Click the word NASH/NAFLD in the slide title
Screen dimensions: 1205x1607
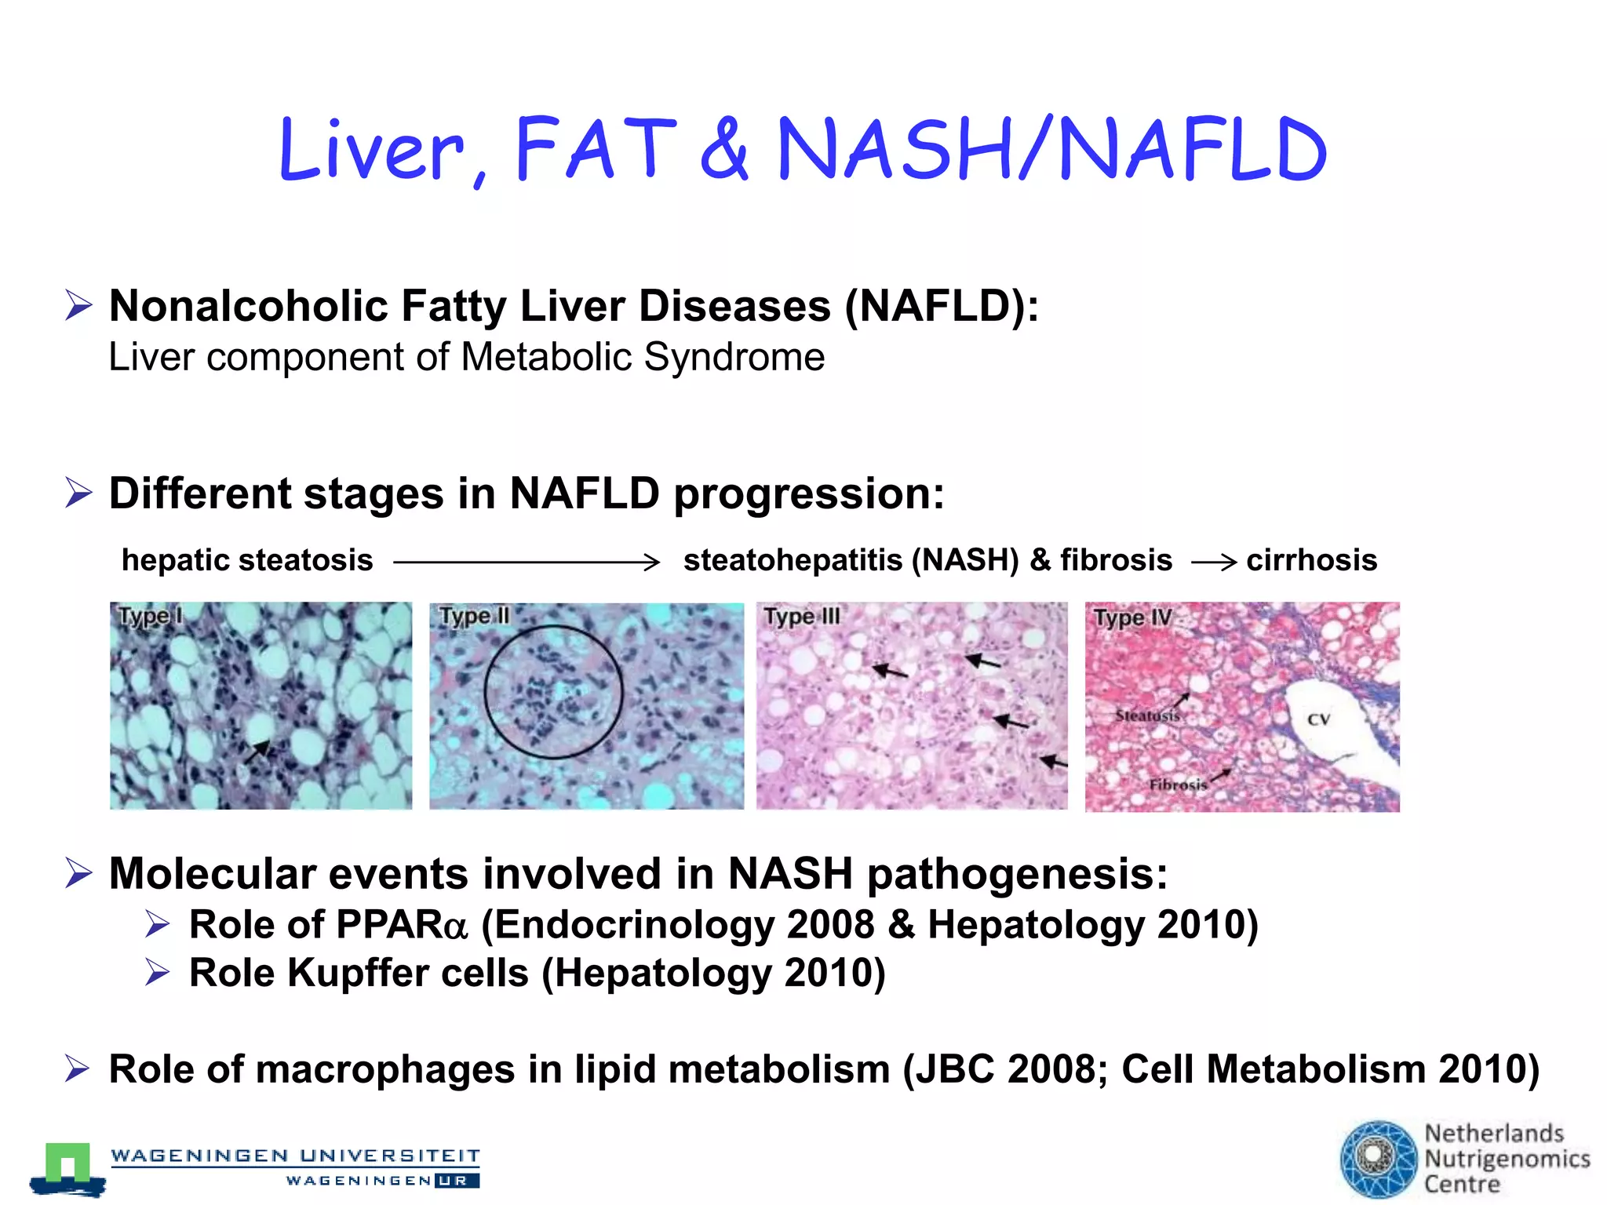(1051, 149)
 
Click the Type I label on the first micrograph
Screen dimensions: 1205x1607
(149, 617)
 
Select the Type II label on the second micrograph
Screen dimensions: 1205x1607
(474, 617)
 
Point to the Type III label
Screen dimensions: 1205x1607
(801, 617)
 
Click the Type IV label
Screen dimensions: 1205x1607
(1132, 618)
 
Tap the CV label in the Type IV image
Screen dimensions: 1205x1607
(1318, 719)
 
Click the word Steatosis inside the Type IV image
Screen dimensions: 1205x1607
(1147, 715)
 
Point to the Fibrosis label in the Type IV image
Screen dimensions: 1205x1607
(1178, 785)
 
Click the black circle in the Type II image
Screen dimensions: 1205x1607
(553, 692)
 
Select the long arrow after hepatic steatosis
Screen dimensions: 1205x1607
(526, 562)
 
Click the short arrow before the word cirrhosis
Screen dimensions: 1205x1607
(1214, 562)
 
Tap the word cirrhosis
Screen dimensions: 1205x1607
(1311, 560)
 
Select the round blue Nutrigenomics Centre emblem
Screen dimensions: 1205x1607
(1378, 1158)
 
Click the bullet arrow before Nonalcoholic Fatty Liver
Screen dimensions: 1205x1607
(79, 305)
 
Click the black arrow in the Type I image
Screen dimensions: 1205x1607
(257, 752)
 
